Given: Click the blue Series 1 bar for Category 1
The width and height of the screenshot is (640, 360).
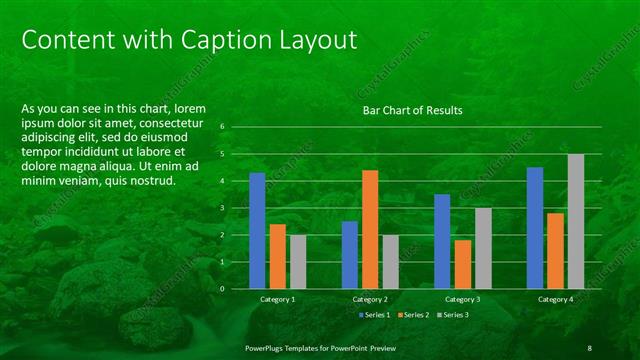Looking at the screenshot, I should [x=257, y=230].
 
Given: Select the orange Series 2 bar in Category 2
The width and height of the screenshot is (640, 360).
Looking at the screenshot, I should [x=370, y=229].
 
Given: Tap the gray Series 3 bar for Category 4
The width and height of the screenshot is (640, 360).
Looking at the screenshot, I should [x=575, y=221].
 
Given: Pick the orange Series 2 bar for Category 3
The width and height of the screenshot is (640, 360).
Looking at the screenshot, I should [x=462, y=264].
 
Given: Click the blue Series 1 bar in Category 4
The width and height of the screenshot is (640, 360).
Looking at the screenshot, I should [x=535, y=227].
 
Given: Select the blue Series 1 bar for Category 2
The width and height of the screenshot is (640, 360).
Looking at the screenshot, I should [x=350, y=254].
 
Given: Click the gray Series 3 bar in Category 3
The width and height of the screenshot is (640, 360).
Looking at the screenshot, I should [x=483, y=248].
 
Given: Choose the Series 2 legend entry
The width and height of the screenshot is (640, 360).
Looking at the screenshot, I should [x=415, y=315].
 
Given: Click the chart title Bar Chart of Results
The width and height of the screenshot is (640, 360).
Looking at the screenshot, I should [x=412, y=111].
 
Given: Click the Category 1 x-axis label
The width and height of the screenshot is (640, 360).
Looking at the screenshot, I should [x=277, y=299].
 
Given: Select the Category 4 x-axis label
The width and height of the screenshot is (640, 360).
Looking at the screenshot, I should [x=555, y=299].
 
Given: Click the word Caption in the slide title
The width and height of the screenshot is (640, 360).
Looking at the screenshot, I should [x=217, y=40].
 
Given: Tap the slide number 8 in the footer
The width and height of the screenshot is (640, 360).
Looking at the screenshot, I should [x=589, y=347].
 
